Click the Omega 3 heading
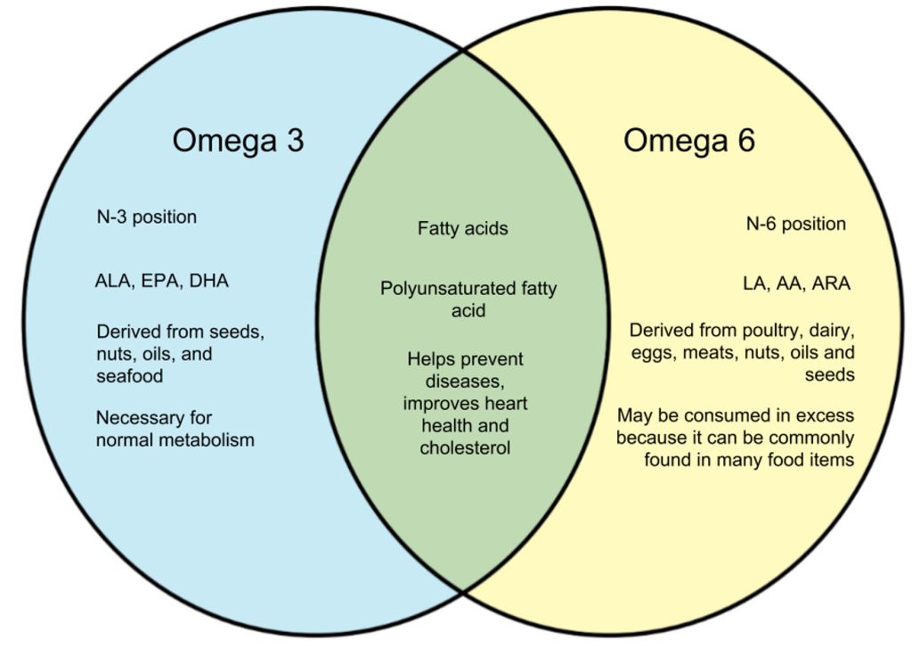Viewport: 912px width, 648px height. [x=238, y=141]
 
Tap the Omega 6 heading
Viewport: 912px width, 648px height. [x=688, y=141]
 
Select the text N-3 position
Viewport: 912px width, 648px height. [x=147, y=217]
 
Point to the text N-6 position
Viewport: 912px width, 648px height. [x=795, y=224]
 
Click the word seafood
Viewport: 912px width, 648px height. [x=130, y=376]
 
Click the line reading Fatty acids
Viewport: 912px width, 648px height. [x=463, y=229]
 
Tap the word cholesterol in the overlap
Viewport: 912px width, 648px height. [x=465, y=447]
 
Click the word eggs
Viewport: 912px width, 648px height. [x=652, y=352]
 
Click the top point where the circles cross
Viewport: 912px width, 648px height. [x=463, y=51]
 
